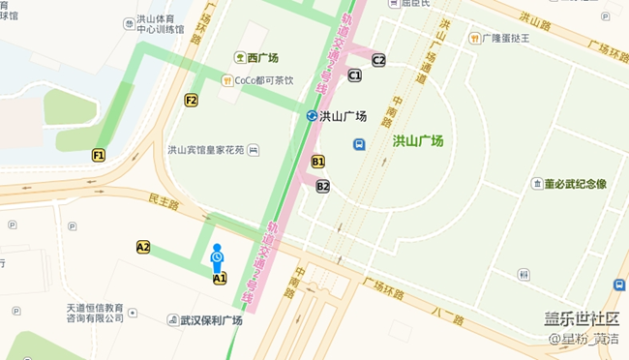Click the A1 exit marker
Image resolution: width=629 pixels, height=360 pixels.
[x=220, y=279]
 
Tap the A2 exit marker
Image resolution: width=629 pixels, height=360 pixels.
[x=143, y=247]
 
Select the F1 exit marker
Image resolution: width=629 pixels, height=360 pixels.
[x=99, y=155]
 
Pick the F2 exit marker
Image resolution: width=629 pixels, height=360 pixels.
[x=192, y=100]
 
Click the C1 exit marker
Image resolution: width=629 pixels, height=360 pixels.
[x=355, y=75]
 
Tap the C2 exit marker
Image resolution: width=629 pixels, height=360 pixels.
[x=378, y=60]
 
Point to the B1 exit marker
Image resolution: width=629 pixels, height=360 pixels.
[x=318, y=162]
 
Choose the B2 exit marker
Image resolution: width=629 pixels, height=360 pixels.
[x=323, y=186]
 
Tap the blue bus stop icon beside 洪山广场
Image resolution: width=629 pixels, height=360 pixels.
[x=359, y=145]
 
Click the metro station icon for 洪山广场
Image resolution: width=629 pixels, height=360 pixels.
[x=312, y=116]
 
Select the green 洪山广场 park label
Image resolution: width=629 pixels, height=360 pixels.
[x=417, y=141]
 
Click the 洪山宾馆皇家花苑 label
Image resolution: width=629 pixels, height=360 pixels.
[x=207, y=150]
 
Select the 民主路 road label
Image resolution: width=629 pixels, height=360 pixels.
[x=165, y=202]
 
